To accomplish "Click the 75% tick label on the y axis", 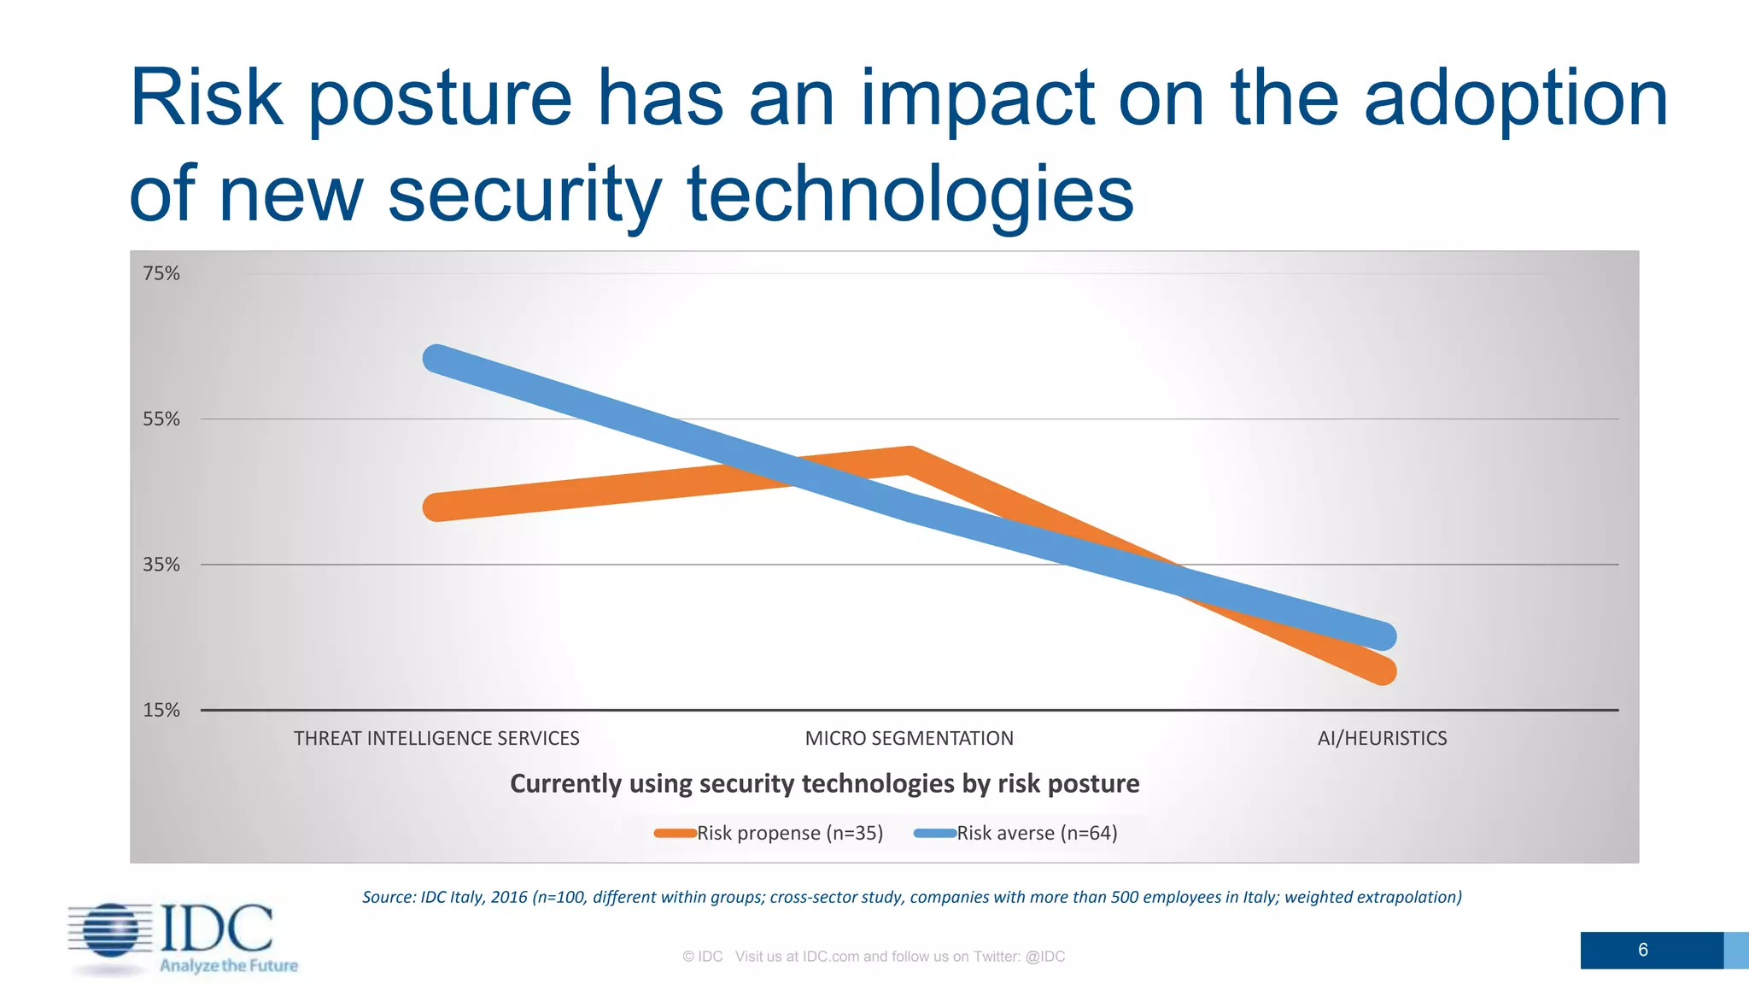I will (161, 273).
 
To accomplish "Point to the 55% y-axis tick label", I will (161, 419).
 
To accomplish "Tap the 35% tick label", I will (161, 565).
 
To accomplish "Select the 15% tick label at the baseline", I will (161, 711).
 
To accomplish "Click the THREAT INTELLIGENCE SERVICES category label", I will (436, 739).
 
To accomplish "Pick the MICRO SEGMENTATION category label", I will (909, 739).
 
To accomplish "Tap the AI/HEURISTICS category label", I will (1382, 739).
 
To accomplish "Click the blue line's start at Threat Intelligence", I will (437, 359).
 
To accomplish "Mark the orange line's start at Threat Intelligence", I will (437, 507).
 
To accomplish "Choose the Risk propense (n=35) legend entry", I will (769, 834).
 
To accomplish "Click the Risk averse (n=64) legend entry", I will (1016, 834).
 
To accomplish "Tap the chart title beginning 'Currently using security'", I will (824, 784).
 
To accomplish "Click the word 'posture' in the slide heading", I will (439, 101).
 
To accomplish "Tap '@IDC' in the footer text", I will (1044, 957).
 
